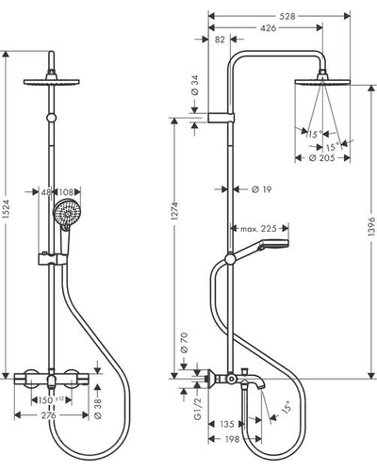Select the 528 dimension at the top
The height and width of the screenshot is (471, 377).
(287, 16)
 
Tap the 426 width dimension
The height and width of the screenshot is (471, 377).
(268, 28)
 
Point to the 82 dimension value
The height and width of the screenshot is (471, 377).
(221, 40)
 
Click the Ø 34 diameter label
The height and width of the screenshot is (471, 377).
(195, 87)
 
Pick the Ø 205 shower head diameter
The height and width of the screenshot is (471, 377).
(321, 158)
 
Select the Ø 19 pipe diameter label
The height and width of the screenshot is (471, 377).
(261, 189)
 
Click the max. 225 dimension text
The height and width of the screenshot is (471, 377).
(258, 229)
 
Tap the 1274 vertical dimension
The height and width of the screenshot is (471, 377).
(174, 211)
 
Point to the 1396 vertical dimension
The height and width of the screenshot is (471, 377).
(371, 226)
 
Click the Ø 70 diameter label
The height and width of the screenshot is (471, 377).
(185, 343)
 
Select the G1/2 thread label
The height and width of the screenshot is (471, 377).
(197, 409)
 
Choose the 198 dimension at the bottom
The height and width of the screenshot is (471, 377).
(232, 439)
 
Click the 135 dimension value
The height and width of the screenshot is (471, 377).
(227, 424)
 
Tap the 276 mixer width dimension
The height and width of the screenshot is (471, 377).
(49, 415)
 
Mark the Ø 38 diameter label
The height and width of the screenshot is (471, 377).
(98, 409)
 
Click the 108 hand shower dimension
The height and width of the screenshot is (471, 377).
(66, 192)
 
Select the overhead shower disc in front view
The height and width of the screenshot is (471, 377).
(52, 82)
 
